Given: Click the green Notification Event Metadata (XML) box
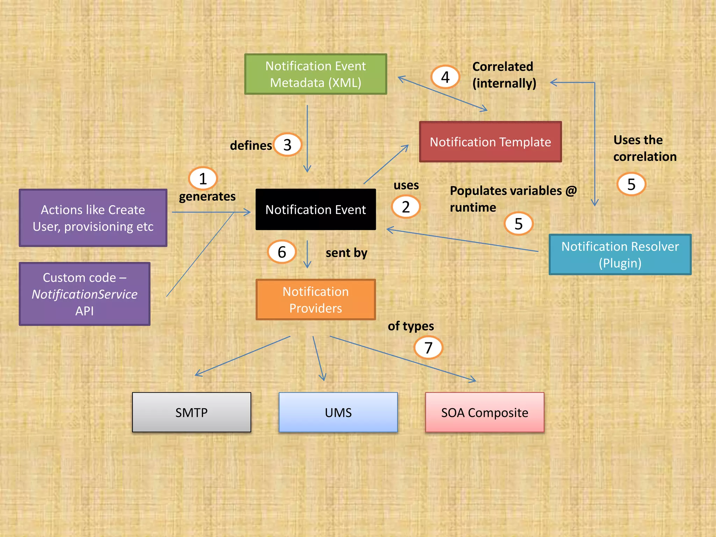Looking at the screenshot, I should [315, 74].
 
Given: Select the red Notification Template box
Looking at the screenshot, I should [490, 142].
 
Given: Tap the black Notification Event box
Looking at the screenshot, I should [315, 209].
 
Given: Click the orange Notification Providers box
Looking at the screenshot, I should [315, 300].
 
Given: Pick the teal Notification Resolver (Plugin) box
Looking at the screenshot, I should [620, 255].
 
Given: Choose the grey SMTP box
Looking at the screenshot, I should [191, 413].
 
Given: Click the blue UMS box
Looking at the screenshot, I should [338, 413].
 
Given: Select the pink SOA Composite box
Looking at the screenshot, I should [485, 413].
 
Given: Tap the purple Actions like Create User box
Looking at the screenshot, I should [93, 218].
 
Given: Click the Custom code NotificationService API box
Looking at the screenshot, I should [85, 294].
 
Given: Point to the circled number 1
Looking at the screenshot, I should [203, 179].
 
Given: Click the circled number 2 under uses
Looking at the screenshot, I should [406, 207].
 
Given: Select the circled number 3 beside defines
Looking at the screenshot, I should [287, 145].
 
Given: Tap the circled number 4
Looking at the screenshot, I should [445, 77].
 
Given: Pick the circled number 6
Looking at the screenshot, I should [282, 252].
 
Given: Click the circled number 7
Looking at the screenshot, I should [428, 348].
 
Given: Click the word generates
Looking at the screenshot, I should [207, 196].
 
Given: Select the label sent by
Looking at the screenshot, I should [346, 253].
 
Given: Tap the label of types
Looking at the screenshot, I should [411, 326].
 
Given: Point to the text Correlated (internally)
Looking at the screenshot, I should [504, 75].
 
